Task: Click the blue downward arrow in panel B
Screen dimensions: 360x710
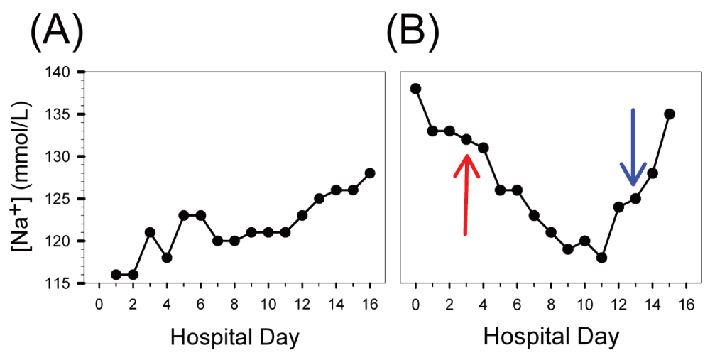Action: pyautogui.click(x=633, y=148)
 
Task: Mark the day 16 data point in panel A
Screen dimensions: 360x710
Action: pyautogui.click(x=370, y=173)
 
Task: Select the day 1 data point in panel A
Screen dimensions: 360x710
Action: pyautogui.click(x=116, y=274)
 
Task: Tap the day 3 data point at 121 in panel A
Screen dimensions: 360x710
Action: pyautogui.click(x=150, y=232)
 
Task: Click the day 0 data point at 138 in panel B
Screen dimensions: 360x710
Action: pyautogui.click(x=416, y=89)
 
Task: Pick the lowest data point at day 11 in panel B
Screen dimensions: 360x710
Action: pyautogui.click(x=601, y=258)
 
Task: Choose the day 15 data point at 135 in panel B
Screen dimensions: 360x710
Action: pyautogui.click(x=670, y=114)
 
